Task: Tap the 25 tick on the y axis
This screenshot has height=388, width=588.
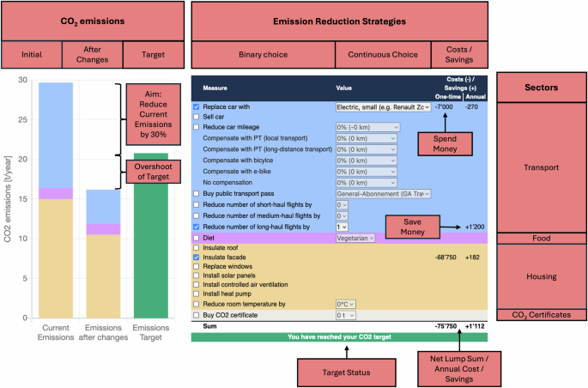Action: [22, 119]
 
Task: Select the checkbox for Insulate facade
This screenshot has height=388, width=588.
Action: [197, 257]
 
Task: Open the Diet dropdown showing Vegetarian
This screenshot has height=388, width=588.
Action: [355, 238]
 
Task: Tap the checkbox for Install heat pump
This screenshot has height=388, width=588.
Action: [197, 294]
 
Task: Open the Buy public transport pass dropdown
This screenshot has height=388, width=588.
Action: [383, 194]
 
